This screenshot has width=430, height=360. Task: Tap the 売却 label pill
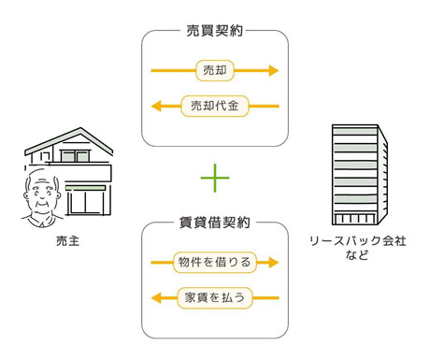pyautogui.click(x=215, y=70)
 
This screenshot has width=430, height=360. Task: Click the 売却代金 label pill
pyautogui.click(x=215, y=106)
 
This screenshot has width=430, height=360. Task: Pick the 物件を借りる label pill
pyautogui.click(x=215, y=263)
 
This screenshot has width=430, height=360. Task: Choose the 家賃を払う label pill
pyautogui.click(x=215, y=298)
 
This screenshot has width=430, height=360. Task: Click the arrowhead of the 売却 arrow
pyautogui.click(x=273, y=70)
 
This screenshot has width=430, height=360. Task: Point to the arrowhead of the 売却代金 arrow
pyautogui.click(x=156, y=106)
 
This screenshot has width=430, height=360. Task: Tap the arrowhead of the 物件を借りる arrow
pyautogui.click(x=273, y=263)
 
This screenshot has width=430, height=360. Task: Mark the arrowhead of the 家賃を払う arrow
pyautogui.click(x=156, y=298)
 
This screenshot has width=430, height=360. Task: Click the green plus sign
pyautogui.click(x=215, y=175)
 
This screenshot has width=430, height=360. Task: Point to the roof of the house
pyautogui.click(x=65, y=140)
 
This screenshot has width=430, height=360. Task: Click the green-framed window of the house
pyautogui.click(x=89, y=199)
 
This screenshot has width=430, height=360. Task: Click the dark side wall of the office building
pyautogui.click(x=380, y=178)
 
